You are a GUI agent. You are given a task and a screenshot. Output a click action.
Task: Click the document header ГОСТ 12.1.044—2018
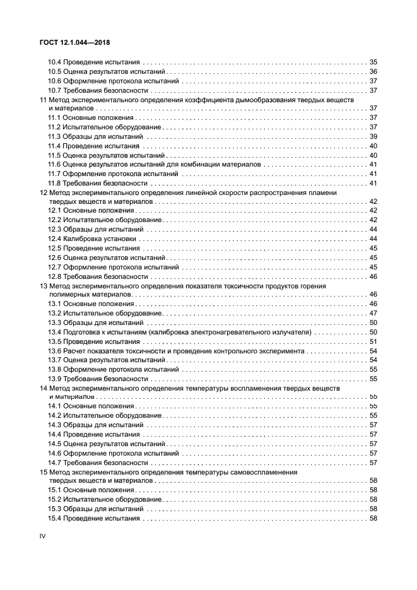[x=75, y=43]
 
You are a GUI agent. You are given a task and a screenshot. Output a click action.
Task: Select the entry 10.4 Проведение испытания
[x=94, y=62]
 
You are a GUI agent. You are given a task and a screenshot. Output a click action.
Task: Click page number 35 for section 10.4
[x=373, y=62]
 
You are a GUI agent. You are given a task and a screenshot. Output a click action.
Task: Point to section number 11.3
[x=55, y=136]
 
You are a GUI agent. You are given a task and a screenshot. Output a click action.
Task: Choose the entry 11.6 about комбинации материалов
[x=154, y=164]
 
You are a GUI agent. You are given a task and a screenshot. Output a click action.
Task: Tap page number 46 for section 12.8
[x=373, y=276]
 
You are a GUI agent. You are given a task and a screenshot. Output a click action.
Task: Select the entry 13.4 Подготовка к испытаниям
[x=180, y=332]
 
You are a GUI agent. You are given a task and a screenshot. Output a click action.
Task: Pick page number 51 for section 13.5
[x=373, y=341]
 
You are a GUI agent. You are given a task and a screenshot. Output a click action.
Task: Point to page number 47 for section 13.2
[x=373, y=314]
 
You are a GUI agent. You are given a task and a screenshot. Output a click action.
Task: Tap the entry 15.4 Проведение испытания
[x=94, y=518]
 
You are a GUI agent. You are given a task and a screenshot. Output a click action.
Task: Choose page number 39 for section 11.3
[x=373, y=136]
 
